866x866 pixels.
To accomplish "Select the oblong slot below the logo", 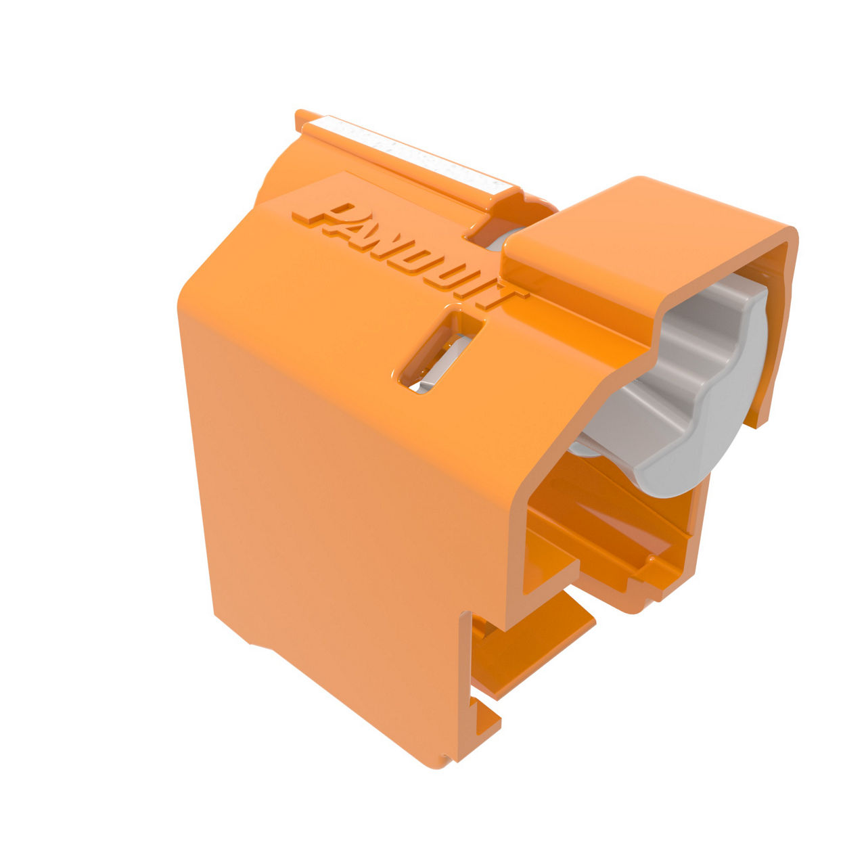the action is (441, 352).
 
